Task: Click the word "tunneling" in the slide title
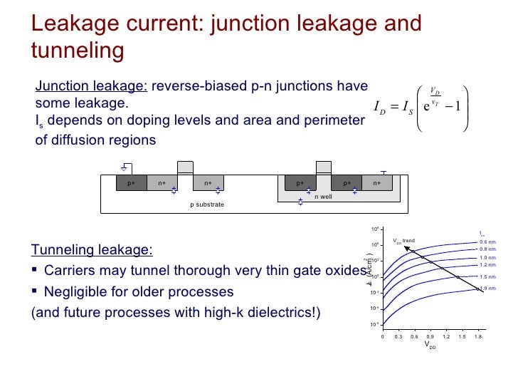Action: (78, 51)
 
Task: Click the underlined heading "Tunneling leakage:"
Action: (91, 250)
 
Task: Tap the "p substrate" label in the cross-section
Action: (207, 204)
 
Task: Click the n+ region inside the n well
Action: (377, 183)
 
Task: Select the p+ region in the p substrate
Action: (132, 183)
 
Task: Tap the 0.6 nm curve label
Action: (487, 242)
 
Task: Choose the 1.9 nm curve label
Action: (487, 288)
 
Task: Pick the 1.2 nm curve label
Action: (487, 264)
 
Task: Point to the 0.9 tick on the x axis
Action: (430, 336)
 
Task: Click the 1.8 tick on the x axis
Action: (478, 336)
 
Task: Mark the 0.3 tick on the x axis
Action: (398, 336)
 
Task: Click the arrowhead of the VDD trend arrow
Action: (406, 247)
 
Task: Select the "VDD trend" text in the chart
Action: (403, 241)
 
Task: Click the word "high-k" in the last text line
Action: (238, 313)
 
